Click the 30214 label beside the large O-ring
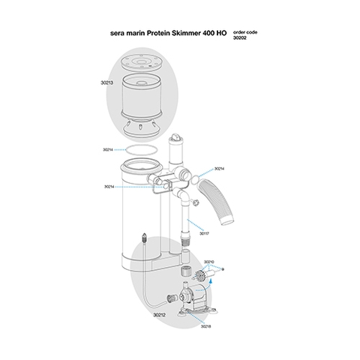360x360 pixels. pos(108,150)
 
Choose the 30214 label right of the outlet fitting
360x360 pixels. pos(220,169)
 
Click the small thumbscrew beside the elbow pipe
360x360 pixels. pos(195,202)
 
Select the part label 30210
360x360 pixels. pos(208,262)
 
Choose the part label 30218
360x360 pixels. pos(205,326)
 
